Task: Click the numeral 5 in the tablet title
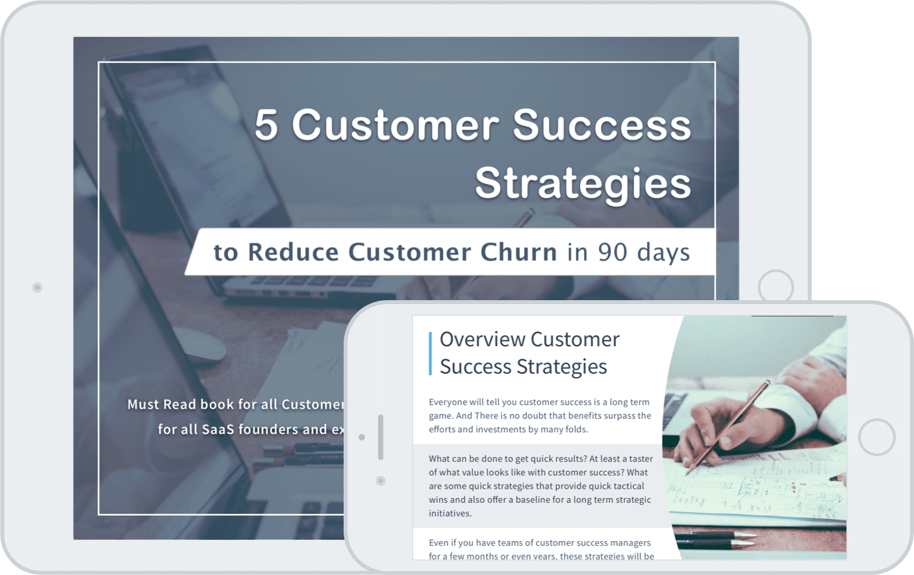click(266, 125)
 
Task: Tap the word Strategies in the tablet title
click(583, 183)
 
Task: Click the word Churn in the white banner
click(518, 252)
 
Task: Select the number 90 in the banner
click(612, 252)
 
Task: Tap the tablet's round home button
click(776, 287)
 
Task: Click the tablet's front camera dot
click(38, 287)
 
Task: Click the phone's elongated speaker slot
click(381, 437)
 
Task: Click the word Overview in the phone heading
click(482, 339)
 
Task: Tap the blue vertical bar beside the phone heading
click(430, 353)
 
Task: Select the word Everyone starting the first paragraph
click(448, 402)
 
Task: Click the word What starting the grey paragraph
click(439, 459)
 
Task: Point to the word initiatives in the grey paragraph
click(450, 513)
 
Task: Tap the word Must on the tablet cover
click(142, 405)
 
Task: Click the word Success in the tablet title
click(602, 125)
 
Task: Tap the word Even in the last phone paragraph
click(438, 543)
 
